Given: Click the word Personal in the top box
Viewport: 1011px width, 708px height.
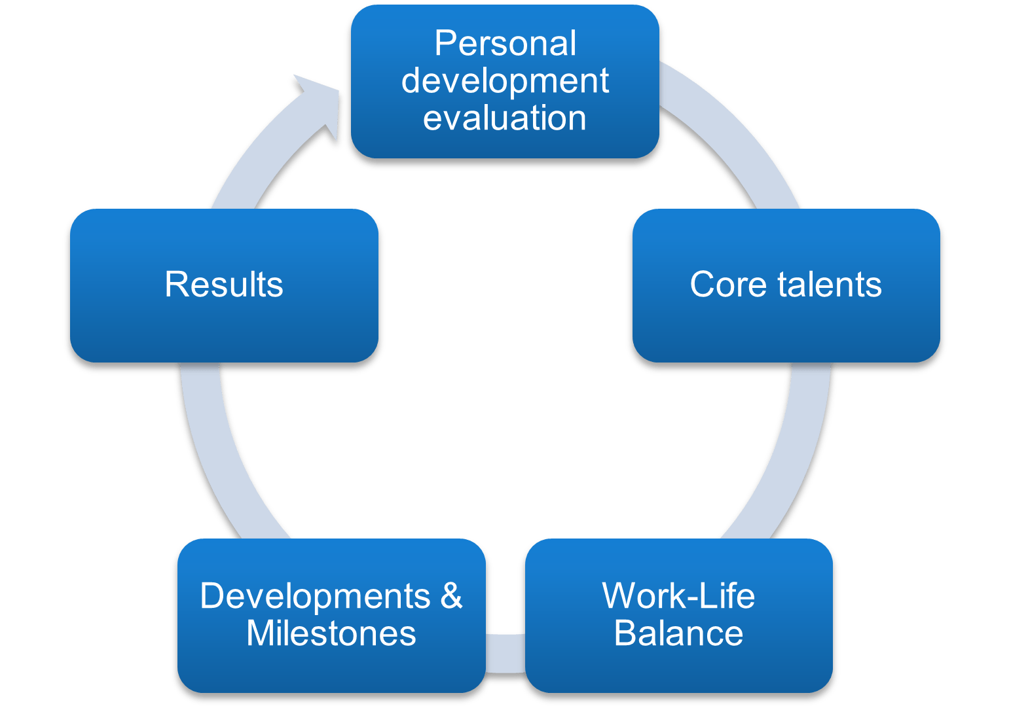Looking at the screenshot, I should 505,44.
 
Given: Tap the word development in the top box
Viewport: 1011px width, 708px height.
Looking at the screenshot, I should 505,81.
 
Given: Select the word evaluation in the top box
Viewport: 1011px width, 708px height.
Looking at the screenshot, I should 504,118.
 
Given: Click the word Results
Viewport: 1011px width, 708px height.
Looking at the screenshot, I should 224,285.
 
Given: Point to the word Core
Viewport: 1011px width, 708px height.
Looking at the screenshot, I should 727,285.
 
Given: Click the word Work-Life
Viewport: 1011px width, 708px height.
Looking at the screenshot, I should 678,596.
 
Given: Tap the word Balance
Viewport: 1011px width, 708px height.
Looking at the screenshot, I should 678,633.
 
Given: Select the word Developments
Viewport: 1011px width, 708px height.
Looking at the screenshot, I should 315,596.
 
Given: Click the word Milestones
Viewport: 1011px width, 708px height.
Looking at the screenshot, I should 331,633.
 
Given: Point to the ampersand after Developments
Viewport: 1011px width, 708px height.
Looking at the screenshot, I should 451,596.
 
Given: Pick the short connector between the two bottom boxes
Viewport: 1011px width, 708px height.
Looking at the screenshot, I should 505,653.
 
